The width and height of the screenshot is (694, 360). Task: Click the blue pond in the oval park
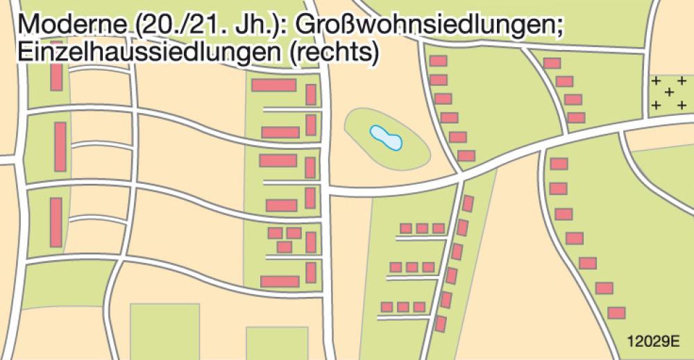pyautogui.click(x=386, y=137)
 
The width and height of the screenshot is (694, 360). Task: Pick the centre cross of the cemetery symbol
pyautogui.click(x=669, y=92)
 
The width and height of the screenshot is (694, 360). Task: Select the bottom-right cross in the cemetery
pyautogui.click(x=682, y=105)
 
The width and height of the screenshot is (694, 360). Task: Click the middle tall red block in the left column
pyautogui.click(x=60, y=146)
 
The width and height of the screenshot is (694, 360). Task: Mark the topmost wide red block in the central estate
pyautogui.click(x=273, y=85)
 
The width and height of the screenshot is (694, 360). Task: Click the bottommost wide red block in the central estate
pyautogui.click(x=280, y=281)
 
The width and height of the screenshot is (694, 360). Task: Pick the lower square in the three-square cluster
pyautogui.click(x=285, y=246)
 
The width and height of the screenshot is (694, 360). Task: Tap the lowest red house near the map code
pyautogui.click(x=617, y=313)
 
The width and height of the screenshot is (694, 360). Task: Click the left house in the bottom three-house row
pyautogui.click(x=387, y=307)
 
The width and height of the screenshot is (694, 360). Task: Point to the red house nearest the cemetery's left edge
pyautogui.click(x=576, y=117)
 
